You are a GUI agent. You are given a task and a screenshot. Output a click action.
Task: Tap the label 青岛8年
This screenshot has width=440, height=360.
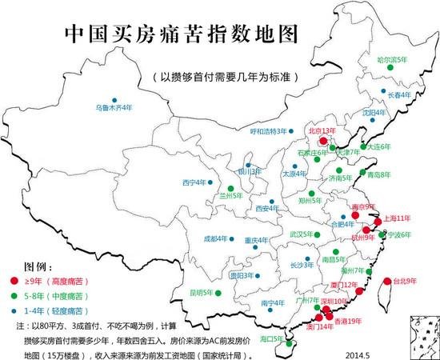(378, 174)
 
